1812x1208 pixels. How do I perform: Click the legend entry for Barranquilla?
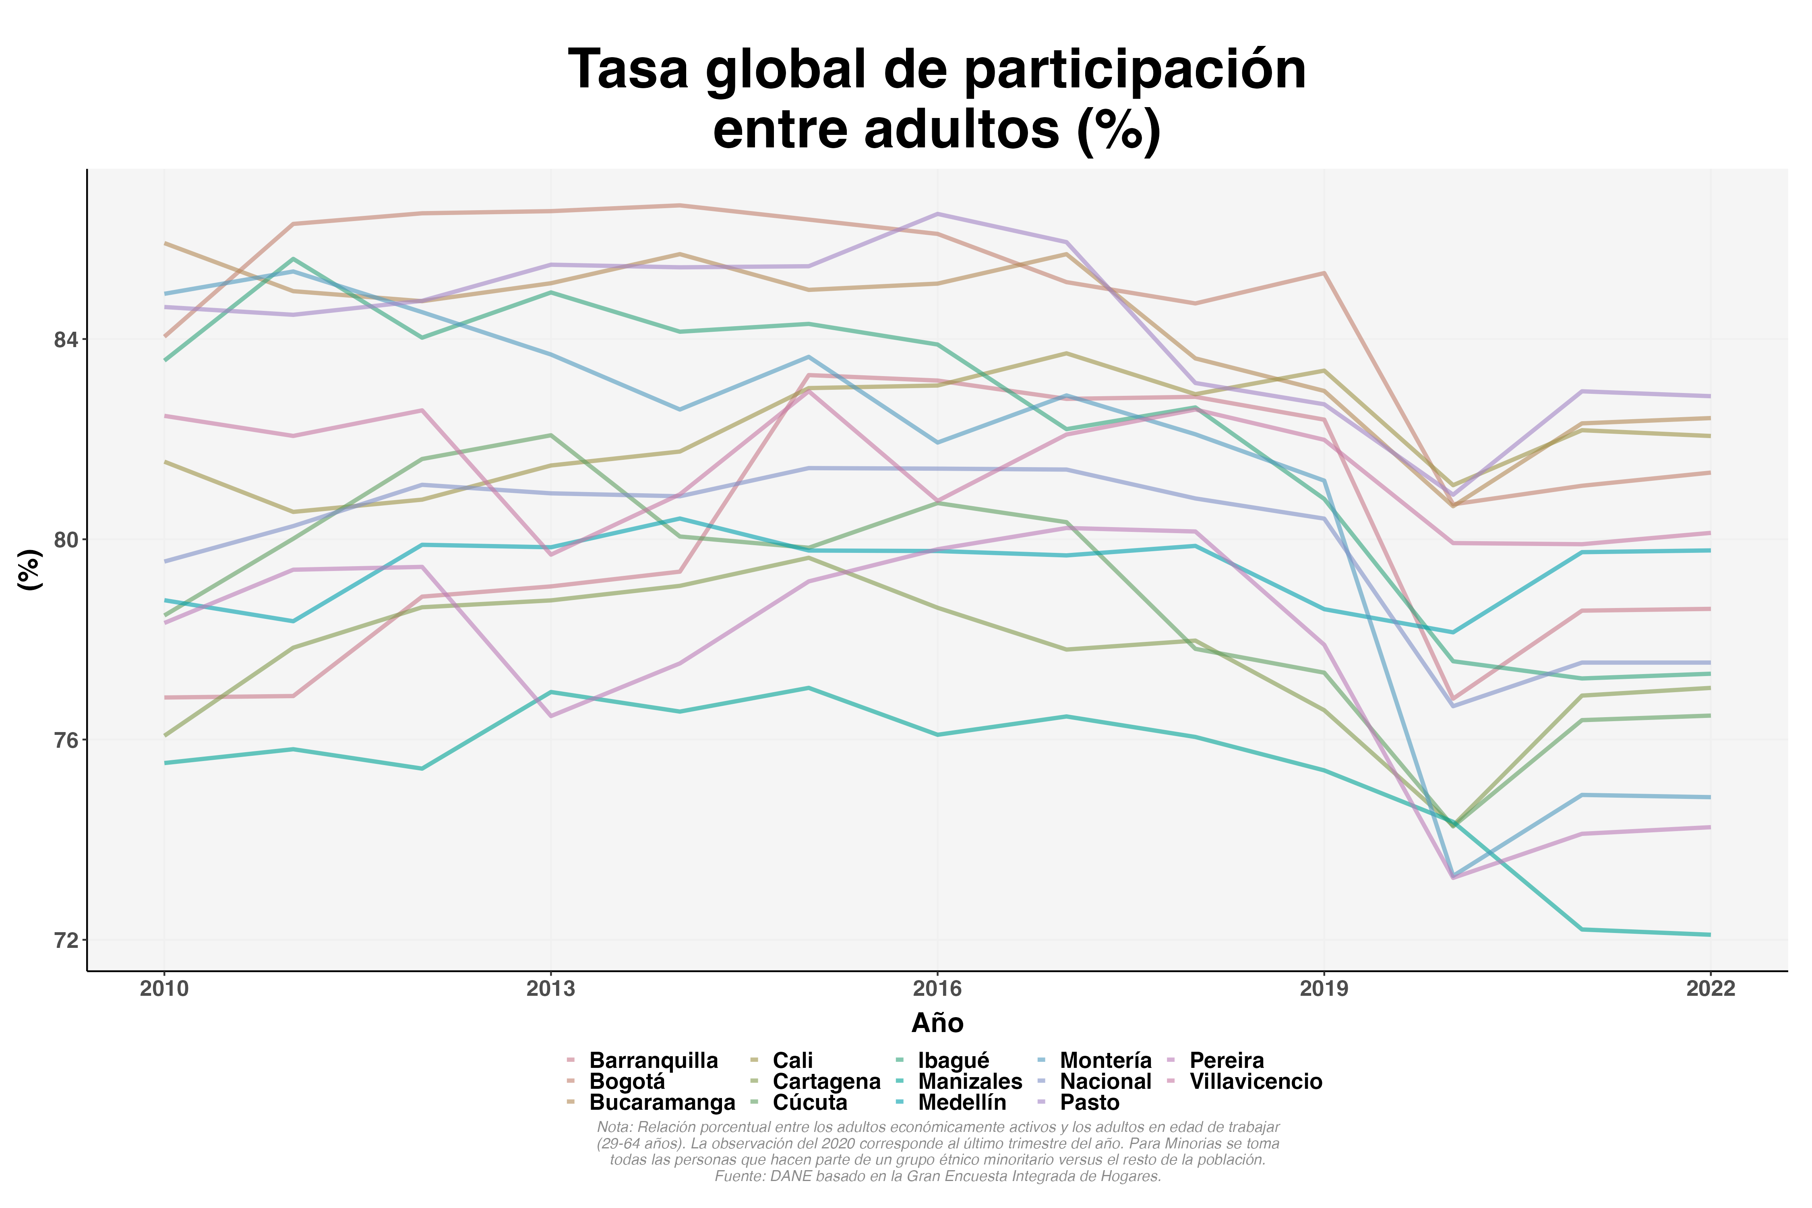[x=653, y=1061]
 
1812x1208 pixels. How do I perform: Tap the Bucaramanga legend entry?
[x=662, y=1103]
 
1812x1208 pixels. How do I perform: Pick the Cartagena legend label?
[x=826, y=1082]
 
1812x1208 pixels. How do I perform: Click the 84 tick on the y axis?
[x=66, y=340]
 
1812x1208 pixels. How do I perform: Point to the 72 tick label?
[x=66, y=941]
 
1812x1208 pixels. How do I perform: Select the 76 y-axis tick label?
[x=66, y=741]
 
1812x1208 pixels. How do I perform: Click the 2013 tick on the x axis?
[x=551, y=989]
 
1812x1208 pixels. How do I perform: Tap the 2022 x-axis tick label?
[x=1710, y=989]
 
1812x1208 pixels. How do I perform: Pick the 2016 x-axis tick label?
[x=937, y=989]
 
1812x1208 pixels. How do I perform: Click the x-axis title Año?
[x=937, y=1023]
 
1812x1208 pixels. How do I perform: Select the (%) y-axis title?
[x=29, y=570]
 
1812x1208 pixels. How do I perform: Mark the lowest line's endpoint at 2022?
[x=1710, y=935]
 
